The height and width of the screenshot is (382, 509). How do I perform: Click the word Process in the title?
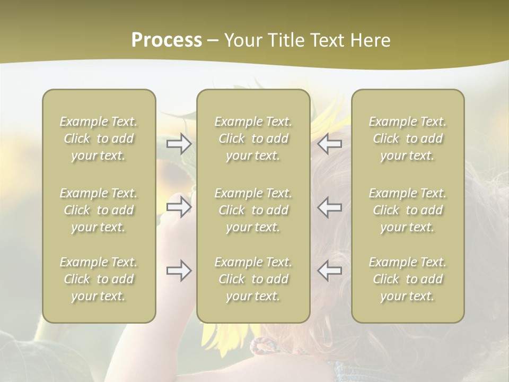166,40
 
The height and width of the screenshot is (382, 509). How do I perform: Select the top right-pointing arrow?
179,143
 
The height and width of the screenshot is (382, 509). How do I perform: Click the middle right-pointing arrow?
179,207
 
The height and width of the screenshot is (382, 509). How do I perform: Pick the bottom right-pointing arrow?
179,271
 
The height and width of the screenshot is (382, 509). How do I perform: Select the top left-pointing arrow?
329,143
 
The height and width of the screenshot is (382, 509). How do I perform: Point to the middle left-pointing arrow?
329,207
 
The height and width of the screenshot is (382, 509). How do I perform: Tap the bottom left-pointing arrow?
329,271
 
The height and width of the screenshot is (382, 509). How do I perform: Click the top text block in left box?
99,138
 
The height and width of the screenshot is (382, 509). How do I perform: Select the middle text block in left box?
99,210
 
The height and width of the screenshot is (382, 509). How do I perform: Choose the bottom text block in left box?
99,279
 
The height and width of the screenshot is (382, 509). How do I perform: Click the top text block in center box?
253,138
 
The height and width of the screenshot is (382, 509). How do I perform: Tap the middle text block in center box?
253,210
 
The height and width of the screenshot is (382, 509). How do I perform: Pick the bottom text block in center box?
253,279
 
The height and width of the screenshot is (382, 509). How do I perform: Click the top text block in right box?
408,138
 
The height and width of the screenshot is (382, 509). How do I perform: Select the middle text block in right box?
408,210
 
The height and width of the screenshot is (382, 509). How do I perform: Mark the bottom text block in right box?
408,279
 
